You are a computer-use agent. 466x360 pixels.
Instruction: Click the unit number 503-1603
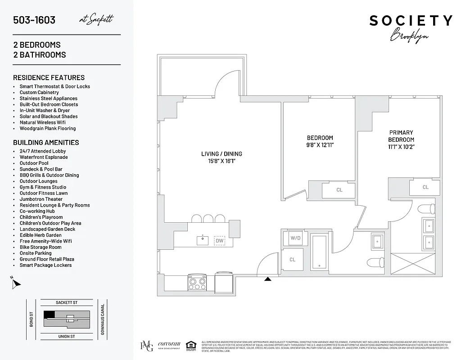click(x=34, y=20)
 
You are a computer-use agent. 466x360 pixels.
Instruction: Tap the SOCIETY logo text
click(x=411, y=21)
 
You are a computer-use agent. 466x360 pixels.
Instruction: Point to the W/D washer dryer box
click(x=295, y=238)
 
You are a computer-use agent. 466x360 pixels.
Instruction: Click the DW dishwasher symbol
click(x=219, y=241)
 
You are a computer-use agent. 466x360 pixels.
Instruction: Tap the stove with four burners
click(x=197, y=283)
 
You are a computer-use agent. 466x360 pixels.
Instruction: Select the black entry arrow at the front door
click(x=268, y=279)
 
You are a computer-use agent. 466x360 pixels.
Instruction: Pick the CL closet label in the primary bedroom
click(x=425, y=187)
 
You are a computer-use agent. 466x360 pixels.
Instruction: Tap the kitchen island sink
click(x=202, y=240)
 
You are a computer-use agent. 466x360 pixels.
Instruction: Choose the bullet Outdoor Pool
click(x=34, y=163)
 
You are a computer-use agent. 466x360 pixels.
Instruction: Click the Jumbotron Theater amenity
click(x=41, y=199)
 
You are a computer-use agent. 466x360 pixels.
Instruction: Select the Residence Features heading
click(x=49, y=77)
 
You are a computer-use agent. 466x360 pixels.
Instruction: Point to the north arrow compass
click(x=16, y=283)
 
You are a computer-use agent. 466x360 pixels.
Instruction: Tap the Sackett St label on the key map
click(x=66, y=303)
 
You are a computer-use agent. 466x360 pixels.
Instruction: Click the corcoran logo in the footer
click(x=169, y=345)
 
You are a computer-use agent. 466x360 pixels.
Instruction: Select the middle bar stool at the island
click(x=208, y=219)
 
